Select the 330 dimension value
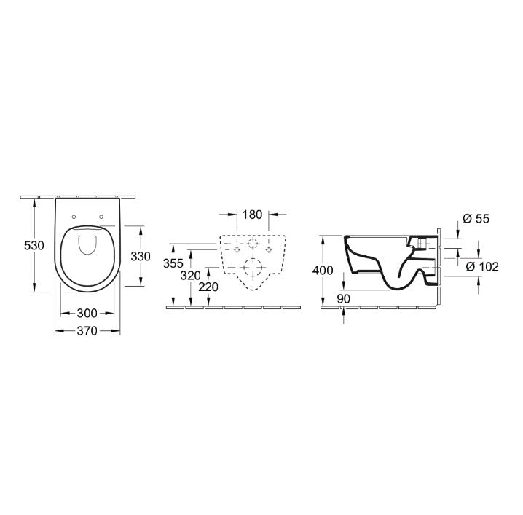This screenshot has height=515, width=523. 140,256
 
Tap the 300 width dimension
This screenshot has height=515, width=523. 87,314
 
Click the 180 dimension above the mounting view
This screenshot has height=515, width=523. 252,215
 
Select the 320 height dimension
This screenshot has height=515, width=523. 190,276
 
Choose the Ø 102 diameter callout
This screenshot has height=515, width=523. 481,267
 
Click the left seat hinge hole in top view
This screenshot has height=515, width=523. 75,216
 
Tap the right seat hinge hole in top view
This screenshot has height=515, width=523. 101,216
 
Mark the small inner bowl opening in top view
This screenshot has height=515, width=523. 87,244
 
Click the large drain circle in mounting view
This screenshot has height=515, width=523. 252,267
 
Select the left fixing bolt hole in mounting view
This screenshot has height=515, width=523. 234,249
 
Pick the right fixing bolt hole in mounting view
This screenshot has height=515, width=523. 270,249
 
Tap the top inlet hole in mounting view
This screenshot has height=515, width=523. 252,243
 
